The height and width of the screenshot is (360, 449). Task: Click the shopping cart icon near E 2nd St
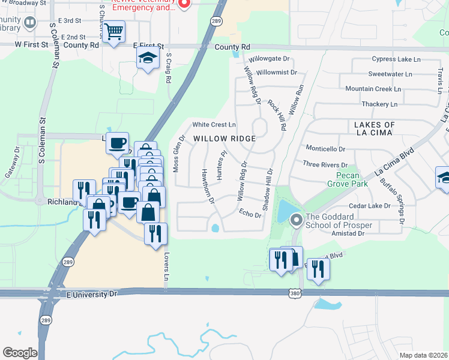(113, 32)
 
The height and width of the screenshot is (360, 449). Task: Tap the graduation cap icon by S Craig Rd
(148, 59)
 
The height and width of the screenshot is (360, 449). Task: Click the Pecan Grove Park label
(347, 180)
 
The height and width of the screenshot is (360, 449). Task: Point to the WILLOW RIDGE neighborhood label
(224, 139)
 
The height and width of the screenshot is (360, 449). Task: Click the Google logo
(20, 353)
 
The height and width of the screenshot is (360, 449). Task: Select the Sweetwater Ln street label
(390, 74)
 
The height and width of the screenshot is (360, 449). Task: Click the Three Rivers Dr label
(325, 164)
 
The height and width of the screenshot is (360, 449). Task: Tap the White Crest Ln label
(214, 125)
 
